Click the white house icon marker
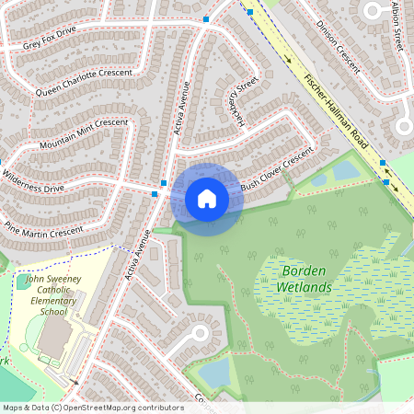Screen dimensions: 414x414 [x=207, y=199]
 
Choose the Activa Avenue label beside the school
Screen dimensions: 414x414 [x=139, y=254]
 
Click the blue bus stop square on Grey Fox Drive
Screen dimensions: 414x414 [x=208, y=18]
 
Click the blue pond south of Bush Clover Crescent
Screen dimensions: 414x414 [x=346, y=169]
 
